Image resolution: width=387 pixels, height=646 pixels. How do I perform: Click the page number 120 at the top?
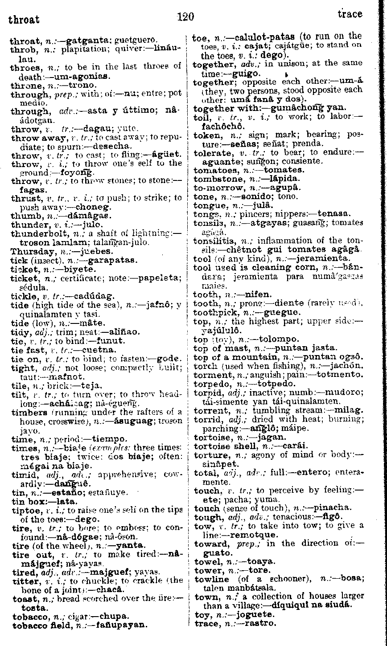pyautogui.click(x=185, y=17)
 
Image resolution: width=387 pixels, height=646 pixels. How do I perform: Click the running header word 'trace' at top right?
pyautogui.click(x=350, y=14)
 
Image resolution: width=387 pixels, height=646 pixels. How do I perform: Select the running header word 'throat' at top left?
pyautogui.click(x=24, y=20)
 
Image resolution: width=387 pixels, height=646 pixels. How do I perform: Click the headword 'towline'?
pyautogui.click(x=212, y=580)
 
